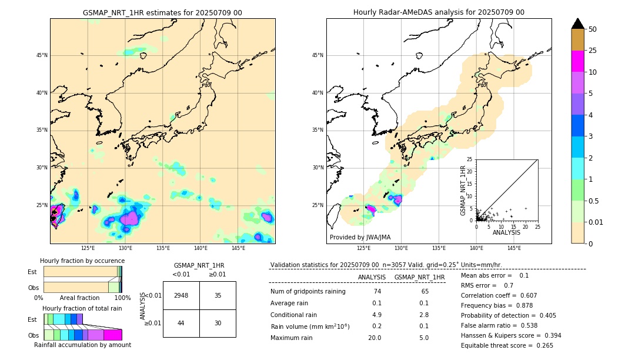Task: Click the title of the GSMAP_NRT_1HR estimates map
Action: [x=162, y=12]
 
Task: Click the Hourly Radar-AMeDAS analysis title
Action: [x=439, y=12]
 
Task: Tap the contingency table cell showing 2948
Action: [x=181, y=295]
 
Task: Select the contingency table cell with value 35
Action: [x=218, y=295]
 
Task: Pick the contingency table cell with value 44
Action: [x=181, y=323]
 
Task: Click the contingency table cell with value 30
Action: [x=218, y=323]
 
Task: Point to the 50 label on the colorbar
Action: [x=593, y=29]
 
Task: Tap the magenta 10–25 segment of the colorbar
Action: [x=577, y=61]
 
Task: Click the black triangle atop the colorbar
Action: [x=577, y=24]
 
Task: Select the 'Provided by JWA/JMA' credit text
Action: [x=360, y=237]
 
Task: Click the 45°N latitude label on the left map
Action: [x=42, y=55]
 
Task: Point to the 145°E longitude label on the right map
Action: [x=514, y=248]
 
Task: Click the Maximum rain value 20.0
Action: [x=374, y=338]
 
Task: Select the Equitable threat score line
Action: [x=507, y=345]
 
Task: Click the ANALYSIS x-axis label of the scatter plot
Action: [x=506, y=232]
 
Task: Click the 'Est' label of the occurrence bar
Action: [x=32, y=272]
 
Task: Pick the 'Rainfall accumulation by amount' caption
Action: [x=82, y=345]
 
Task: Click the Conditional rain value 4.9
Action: [x=376, y=315]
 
